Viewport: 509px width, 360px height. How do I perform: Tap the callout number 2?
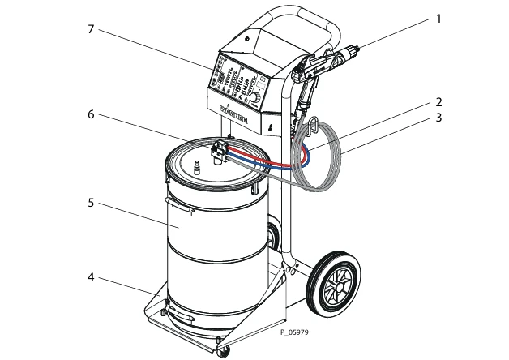pos(438,102)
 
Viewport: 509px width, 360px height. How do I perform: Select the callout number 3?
pos(438,118)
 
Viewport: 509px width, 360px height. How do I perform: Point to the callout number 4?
pos(91,277)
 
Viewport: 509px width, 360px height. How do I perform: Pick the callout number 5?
pos(91,202)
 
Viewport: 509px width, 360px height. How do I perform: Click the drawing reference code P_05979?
pos(296,332)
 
